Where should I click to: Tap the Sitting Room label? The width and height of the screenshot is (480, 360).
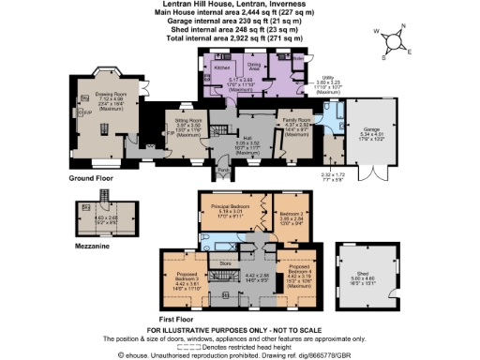coord(178,119)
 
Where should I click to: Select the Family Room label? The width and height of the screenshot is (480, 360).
coord(299,122)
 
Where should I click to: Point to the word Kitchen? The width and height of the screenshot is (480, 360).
coord(222,68)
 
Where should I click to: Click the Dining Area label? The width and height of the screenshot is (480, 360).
coord(252,67)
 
